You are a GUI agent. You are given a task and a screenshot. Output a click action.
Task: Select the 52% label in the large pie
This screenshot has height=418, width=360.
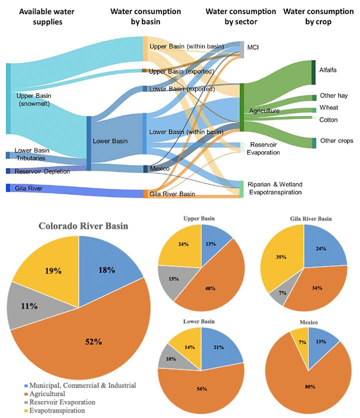[x=93, y=342]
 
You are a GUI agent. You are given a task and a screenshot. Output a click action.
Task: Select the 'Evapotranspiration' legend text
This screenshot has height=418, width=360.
[x=58, y=410]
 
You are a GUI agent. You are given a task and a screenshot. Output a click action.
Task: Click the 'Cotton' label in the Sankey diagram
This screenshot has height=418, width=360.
[x=328, y=120]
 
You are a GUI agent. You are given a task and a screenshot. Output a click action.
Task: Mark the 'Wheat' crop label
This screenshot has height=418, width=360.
[x=328, y=108]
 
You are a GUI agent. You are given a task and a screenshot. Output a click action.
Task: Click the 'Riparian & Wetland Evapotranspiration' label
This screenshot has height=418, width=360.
[x=275, y=188]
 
